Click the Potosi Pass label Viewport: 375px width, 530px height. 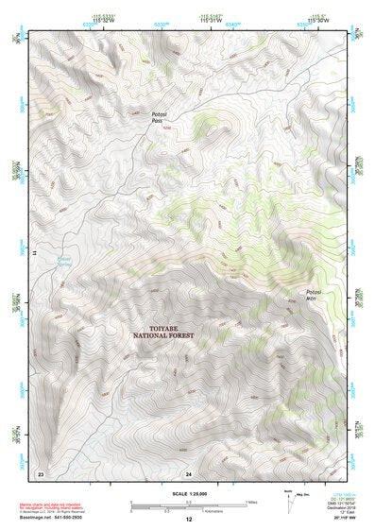[160, 118]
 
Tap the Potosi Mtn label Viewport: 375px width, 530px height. [315, 296]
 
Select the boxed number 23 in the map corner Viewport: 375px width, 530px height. [40, 471]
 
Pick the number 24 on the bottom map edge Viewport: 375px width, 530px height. [189, 472]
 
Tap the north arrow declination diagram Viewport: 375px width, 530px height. [289, 495]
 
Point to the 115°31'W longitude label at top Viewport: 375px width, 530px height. [213, 21]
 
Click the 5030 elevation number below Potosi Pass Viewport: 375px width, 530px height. [166, 128]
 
